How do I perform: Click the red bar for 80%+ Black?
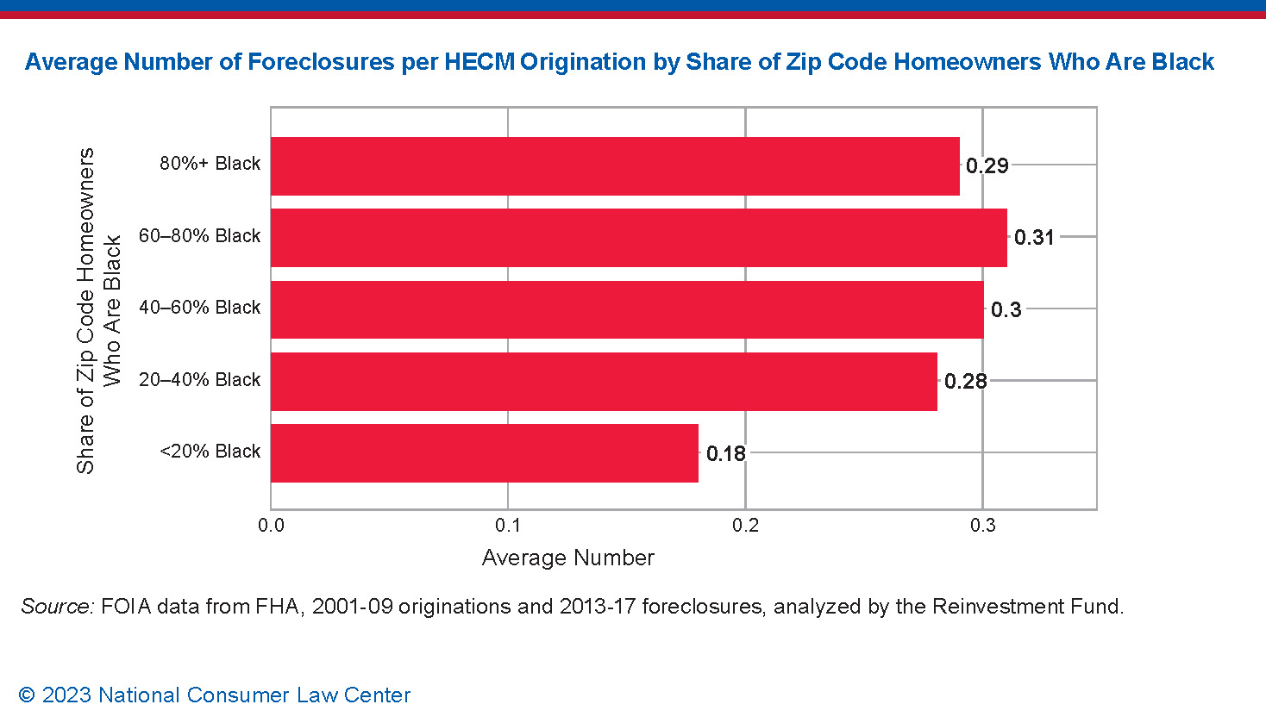click(x=615, y=165)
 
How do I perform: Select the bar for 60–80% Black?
click(x=638, y=237)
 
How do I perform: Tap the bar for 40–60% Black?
click(x=627, y=309)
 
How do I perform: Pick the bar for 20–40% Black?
click(x=604, y=381)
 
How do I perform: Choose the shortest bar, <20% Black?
click(x=484, y=453)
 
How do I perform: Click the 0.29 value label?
click(x=987, y=166)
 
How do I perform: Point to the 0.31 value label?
click(x=1034, y=238)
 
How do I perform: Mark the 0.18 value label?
click(x=725, y=454)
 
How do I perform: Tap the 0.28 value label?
click(x=965, y=382)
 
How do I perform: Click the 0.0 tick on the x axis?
click(x=271, y=526)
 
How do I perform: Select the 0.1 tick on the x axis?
click(x=508, y=526)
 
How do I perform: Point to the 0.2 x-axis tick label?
click(x=745, y=526)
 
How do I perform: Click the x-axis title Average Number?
click(x=567, y=558)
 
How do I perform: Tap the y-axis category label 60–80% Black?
click(x=199, y=236)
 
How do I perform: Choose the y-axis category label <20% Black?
click(x=210, y=452)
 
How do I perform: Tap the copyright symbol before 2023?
click(x=27, y=695)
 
